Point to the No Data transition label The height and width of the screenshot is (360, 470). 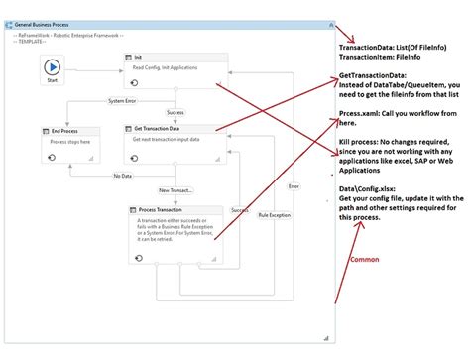[122, 177]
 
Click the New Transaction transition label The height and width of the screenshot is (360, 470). [176, 190]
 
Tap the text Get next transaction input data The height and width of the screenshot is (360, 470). [173, 140]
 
